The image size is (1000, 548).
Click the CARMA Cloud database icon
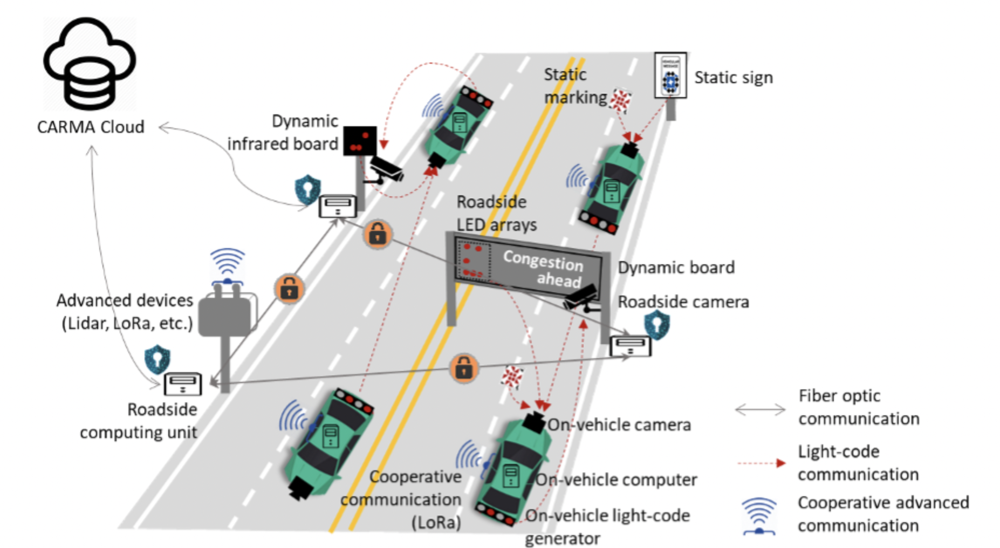coord(90,64)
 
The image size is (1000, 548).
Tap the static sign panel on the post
coord(670,75)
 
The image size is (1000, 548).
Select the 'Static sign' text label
coord(733,78)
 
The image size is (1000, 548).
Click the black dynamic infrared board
coord(360,140)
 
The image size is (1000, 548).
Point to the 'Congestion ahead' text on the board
coord(544,269)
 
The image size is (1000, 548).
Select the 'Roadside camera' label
coord(683,302)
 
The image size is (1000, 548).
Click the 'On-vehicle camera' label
coord(619,425)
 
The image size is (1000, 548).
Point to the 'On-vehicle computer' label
coord(616,480)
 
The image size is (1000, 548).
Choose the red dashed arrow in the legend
coord(761,463)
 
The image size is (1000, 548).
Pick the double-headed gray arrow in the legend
coord(760,410)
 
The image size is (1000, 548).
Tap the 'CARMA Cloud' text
coord(91,127)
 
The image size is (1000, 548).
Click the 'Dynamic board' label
coord(676,268)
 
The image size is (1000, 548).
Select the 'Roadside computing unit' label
coord(139,421)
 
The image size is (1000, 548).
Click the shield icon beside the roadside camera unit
coord(656,325)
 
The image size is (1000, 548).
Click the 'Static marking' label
coord(574,86)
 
